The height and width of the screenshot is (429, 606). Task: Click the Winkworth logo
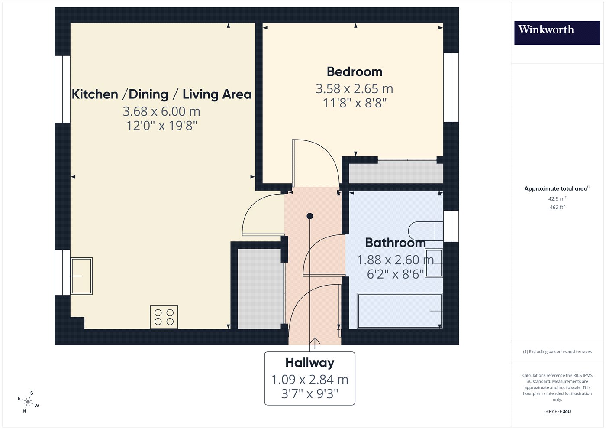pos(557,33)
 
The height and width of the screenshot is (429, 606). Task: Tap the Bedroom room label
pos(355,72)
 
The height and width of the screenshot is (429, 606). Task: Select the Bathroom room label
pos(395,243)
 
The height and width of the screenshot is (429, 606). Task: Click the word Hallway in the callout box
pos(310,363)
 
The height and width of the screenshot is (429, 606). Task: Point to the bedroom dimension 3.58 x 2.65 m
pos(355,89)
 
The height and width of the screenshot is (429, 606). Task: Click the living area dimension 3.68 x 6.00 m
pos(161,112)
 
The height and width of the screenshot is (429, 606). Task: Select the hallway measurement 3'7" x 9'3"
pos(310,394)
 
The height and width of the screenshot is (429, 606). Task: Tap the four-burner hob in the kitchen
pos(164,317)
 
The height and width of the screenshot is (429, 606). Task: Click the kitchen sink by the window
pos(81,276)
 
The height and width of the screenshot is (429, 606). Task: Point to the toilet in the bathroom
pos(425,231)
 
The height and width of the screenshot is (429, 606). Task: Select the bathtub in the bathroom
pos(400,311)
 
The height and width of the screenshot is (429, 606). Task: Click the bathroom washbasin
pos(434,263)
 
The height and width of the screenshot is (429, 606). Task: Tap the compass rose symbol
pos(28,402)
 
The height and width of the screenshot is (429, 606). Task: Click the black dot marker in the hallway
pos(310,216)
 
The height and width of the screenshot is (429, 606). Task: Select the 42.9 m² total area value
pos(558,198)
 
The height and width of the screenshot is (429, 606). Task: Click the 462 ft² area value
pos(558,207)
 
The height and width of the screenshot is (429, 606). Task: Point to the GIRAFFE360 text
pos(558,411)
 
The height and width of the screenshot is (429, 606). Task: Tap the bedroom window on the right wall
pos(451,88)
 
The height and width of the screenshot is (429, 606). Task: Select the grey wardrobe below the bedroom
pos(396,173)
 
